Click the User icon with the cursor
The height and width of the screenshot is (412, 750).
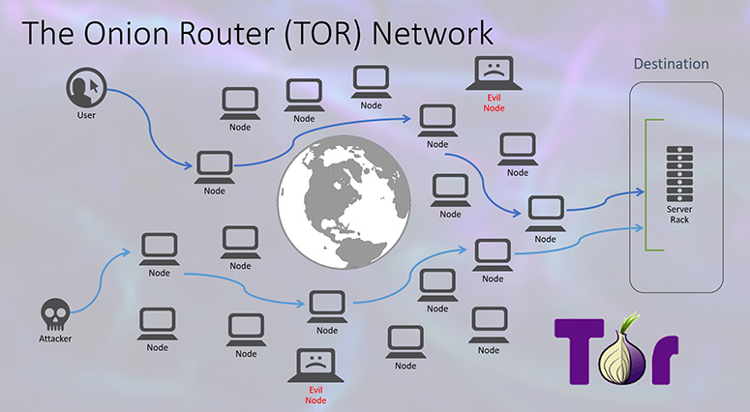point(86,87)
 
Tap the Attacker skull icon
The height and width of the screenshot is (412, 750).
point(55,314)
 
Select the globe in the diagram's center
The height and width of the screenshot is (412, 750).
point(344,202)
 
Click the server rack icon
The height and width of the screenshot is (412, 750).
point(679,173)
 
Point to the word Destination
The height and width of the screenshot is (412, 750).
point(671,64)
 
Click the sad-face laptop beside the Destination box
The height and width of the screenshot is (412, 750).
point(494,74)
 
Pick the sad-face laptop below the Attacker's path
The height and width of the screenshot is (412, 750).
point(315,366)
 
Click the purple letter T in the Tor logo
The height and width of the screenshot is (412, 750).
point(580,351)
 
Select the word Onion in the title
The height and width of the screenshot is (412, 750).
point(126,34)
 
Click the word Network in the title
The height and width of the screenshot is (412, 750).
point(433,34)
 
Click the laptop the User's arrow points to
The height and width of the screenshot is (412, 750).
point(214,166)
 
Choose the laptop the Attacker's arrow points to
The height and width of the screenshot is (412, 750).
point(160,249)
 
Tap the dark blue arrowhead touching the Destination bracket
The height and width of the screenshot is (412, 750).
point(639,192)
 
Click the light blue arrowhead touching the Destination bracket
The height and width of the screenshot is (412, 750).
point(639,228)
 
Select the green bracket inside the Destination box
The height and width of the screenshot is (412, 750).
point(646,185)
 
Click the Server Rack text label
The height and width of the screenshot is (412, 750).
point(679,215)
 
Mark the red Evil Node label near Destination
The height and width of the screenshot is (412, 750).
point(495,103)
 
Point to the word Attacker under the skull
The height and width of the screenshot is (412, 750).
point(55,338)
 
